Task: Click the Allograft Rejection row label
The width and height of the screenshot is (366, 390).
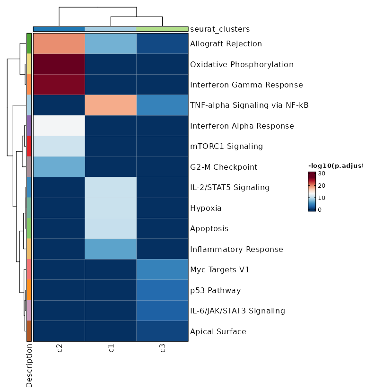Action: tap(226, 44)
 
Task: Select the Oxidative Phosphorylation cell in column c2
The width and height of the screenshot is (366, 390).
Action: tap(59, 64)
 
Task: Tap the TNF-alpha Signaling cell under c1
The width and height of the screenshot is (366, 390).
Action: tap(111, 105)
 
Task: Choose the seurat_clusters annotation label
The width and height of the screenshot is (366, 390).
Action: tap(219, 29)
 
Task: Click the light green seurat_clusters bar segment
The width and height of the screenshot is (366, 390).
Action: tap(162, 29)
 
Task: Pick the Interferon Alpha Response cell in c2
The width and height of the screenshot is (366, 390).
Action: tap(59, 126)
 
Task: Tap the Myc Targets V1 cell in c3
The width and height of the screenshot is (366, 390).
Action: tap(162, 270)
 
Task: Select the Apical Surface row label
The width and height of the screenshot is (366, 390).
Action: tap(218, 332)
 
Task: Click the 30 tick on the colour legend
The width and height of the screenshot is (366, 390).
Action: tap(322, 173)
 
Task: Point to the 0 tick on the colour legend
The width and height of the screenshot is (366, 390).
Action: tap(320, 209)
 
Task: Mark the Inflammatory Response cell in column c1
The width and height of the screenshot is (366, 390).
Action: tap(111, 249)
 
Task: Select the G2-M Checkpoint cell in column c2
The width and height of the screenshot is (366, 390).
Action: tap(59, 167)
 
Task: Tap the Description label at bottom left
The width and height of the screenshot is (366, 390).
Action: tap(29, 366)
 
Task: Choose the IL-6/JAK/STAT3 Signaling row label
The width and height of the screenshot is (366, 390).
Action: tap(237, 311)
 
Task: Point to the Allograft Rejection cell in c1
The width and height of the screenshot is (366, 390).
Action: tap(111, 44)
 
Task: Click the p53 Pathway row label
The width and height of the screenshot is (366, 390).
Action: tap(215, 291)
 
